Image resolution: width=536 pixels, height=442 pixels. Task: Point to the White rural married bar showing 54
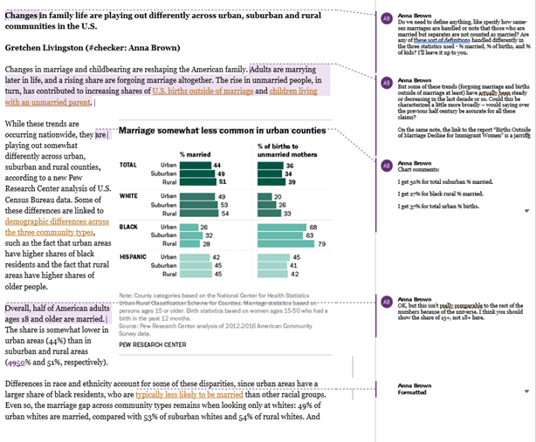(x=198, y=213)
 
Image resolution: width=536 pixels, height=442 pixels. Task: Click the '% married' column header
(x=196, y=153)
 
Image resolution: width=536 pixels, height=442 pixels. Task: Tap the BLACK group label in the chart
(x=127, y=227)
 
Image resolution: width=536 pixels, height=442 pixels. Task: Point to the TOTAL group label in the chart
(x=127, y=165)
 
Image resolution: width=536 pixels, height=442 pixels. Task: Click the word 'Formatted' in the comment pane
(x=412, y=391)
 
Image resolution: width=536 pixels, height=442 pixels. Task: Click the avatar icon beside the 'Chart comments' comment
(x=386, y=166)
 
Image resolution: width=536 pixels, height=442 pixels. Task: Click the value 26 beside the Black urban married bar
(x=204, y=227)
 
